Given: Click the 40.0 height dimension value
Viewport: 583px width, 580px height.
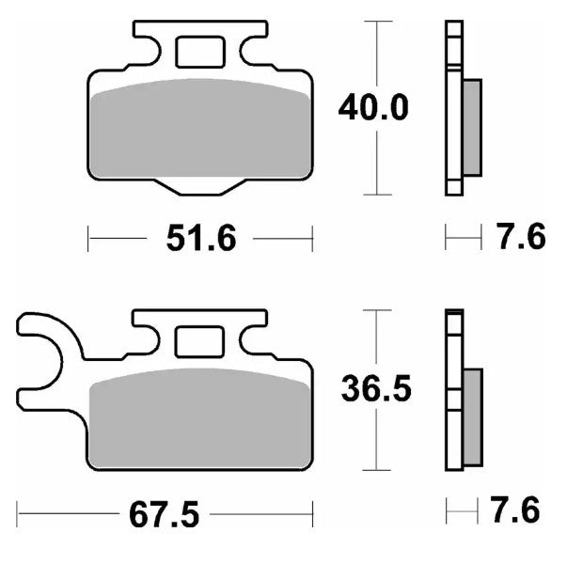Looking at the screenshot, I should coord(373,108).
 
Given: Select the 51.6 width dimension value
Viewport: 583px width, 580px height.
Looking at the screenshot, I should coord(199,240).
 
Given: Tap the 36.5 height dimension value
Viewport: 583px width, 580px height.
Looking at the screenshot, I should coord(375,389).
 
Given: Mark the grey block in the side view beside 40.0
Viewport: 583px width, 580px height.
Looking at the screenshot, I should coord(472,128).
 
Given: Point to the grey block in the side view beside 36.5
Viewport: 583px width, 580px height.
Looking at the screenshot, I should coord(472,415).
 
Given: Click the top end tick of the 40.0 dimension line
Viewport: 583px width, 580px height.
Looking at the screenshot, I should coord(378,21).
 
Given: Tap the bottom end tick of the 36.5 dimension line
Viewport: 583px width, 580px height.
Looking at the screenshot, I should coord(378,469).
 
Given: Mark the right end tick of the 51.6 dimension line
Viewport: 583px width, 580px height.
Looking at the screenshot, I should coord(312,239).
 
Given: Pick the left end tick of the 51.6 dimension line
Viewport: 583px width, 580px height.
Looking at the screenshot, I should coord(88,239).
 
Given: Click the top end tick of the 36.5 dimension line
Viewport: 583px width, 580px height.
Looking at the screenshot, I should coord(378,309).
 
